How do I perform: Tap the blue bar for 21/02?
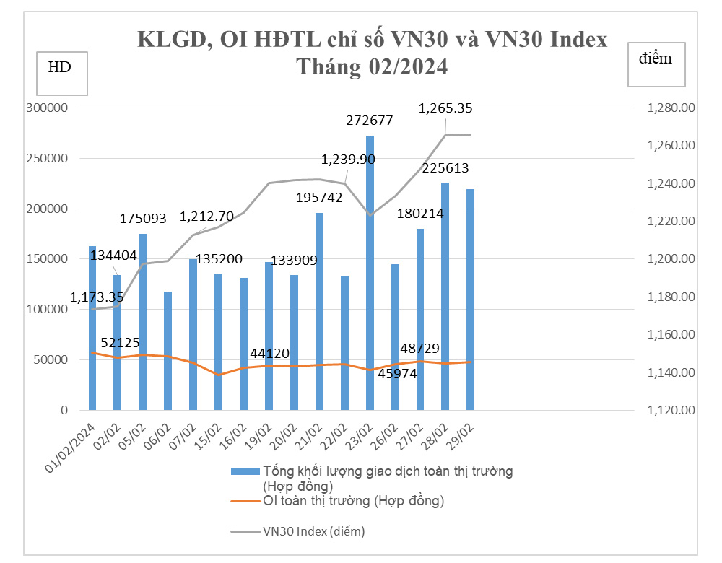tap(319, 311)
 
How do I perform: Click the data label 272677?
tap(369, 121)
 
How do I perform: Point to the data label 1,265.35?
tap(445, 108)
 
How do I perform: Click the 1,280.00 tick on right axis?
tap(671, 108)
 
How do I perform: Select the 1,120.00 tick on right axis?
tap(671, 410)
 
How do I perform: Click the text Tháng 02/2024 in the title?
tap(372, 67)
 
